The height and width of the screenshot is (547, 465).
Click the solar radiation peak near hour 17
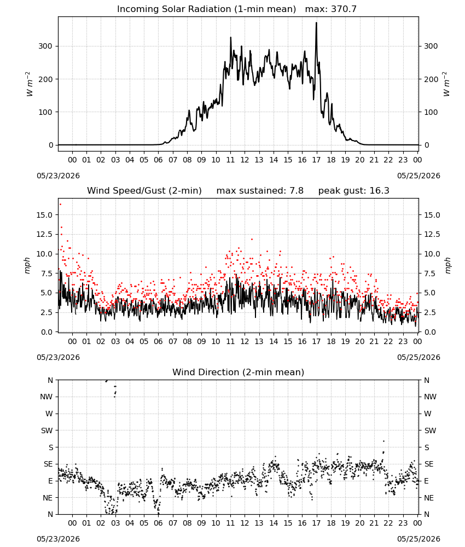coord(316,23)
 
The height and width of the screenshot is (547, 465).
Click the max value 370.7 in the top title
coord(344,9)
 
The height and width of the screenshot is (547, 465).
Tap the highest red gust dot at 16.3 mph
coord(60,205)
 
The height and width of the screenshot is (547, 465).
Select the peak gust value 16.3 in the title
coord(380,190)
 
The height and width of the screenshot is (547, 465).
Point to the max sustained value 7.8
coord(296,190)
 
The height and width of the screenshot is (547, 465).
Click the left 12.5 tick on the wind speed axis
coord(44,235)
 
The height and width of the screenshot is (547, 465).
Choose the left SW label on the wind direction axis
coord(47,430)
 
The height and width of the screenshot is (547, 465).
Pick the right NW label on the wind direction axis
coord(430,397)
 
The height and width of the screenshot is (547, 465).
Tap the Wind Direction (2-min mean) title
coord(239,372)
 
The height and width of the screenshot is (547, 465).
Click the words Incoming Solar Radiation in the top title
coord(174,9)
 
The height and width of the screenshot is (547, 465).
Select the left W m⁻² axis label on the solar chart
coord(30,84)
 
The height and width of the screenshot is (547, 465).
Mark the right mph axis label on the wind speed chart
coord(447,265)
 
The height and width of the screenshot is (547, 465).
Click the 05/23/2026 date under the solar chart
coord(58,176)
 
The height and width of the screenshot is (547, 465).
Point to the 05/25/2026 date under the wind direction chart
coord(419,539)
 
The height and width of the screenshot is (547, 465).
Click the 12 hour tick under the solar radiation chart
coord(245,160)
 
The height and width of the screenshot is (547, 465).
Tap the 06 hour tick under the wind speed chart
coord(158,341)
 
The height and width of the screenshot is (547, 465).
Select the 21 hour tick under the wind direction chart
coord(374,523)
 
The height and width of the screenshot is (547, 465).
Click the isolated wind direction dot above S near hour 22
coord(383,441)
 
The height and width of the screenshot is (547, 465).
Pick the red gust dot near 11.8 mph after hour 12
coord(252,240)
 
